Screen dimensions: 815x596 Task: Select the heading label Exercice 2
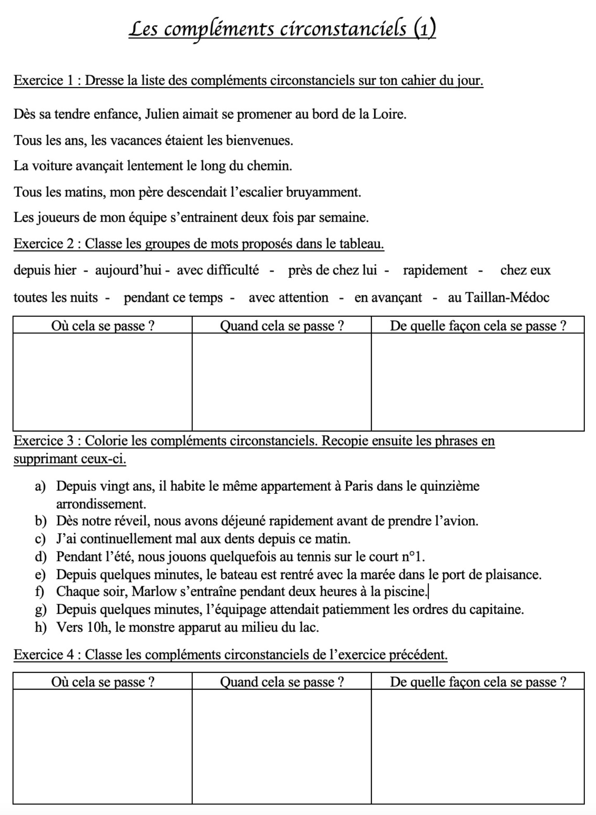coord(44,244)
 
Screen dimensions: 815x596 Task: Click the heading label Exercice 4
coord(44,655)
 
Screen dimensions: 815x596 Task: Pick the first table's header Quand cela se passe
coord(281,326)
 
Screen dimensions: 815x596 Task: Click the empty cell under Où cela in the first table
coord(102,382)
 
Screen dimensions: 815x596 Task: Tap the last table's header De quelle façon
coord(478,682)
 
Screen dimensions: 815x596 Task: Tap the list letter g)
coord(40,610)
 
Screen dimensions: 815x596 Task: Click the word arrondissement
coord(101,504)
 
